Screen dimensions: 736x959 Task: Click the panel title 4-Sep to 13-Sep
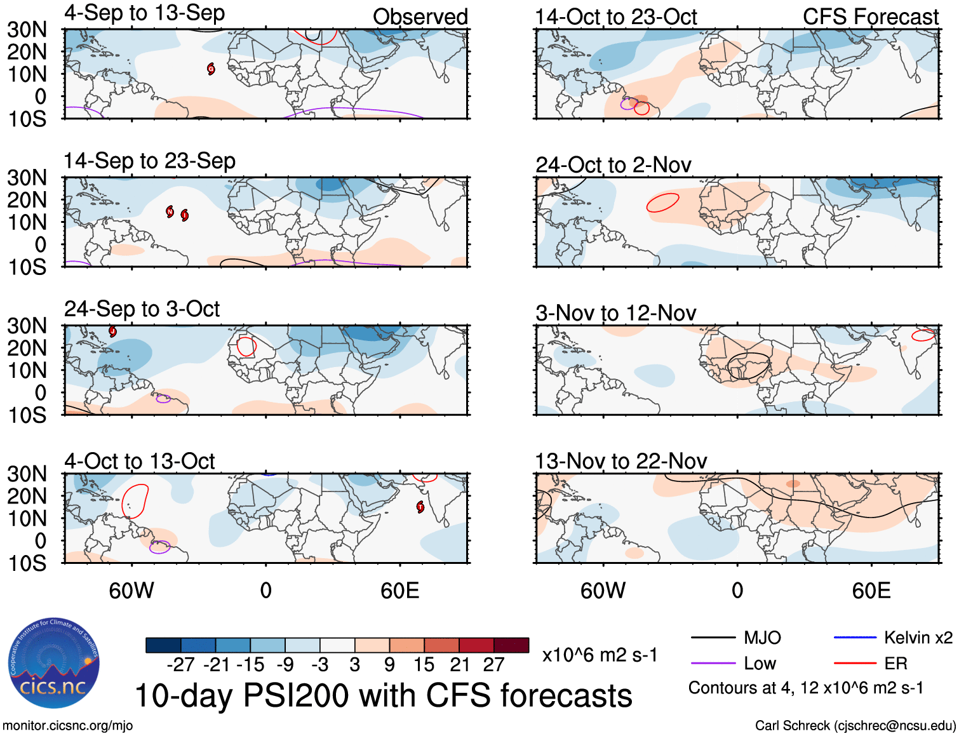[144, 13]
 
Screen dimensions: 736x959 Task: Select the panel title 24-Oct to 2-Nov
[613, 165]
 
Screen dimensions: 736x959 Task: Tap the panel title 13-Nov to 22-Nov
[620, 461]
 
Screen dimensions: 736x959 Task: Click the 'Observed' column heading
[420, 17]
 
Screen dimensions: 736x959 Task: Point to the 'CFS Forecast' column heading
[870, 17]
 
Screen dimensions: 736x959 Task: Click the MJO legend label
[762, 638]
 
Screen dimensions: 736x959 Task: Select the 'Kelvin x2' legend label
[918, 638]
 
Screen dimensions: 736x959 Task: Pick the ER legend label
[895, 664]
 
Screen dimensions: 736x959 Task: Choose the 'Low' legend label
[760, 664]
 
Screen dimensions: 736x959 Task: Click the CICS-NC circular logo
[53, 664]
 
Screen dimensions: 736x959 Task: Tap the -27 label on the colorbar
[180, 665]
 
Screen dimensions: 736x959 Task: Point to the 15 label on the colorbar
[424, 665]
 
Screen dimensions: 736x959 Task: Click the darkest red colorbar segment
[511, 645]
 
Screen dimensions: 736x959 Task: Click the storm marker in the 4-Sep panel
[211, 69]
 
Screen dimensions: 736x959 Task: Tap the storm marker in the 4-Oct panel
[420, 507]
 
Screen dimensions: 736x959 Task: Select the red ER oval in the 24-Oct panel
[662, 203]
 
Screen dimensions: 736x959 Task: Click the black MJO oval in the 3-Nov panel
[748, 366]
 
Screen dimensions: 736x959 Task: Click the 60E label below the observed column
[399, 591]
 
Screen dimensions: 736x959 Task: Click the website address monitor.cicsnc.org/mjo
[68, 725]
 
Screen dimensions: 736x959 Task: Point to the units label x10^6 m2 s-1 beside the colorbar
[600, 655]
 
